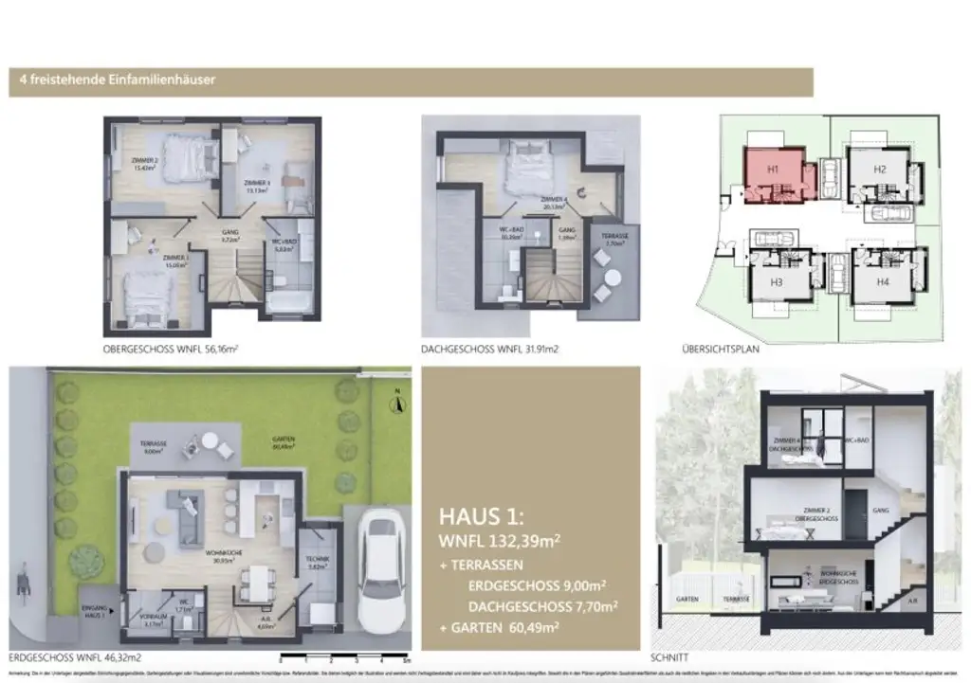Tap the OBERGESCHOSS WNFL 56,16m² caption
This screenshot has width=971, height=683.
[170, 349]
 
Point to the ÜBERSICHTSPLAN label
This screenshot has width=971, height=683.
[721, 349]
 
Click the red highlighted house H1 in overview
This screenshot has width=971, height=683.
[773, 171]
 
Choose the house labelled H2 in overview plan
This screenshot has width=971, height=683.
[879, 170]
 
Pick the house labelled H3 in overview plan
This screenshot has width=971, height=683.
[776, 281]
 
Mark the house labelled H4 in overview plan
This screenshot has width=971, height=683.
[882, 281]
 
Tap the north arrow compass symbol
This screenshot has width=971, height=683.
[399, 403]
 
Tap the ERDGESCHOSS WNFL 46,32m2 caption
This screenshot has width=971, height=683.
[75, 656]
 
